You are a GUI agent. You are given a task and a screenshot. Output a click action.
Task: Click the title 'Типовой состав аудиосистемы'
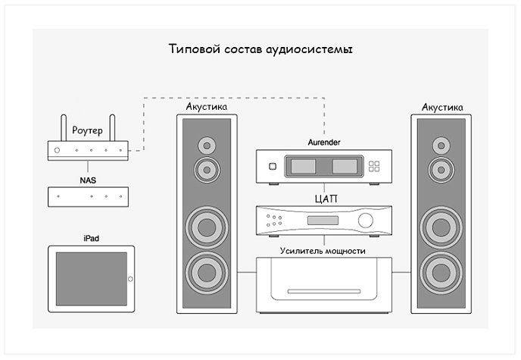pos(260,50)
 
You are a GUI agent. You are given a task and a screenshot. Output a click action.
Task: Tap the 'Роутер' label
pos(87,130)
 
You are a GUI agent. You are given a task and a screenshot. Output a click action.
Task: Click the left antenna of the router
pos(62,128)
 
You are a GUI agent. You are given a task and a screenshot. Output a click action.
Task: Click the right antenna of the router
pos(112,128)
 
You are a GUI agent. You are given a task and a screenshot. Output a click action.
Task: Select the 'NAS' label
pos(88,180)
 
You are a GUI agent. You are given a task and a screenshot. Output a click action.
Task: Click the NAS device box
pos(88,196)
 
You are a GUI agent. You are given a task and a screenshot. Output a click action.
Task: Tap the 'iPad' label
pos(91,239)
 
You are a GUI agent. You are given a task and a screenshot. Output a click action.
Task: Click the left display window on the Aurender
pos(303,167)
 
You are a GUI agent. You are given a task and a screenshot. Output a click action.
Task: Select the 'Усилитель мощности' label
pos(323,250)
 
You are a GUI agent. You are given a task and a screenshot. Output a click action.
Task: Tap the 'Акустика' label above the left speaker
pos(207,107)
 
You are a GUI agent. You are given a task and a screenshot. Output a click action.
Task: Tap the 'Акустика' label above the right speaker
pos(442,107)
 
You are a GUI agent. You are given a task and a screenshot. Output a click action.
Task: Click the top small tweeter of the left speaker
pos(206,145)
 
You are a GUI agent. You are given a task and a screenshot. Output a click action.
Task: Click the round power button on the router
pos(57,150)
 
